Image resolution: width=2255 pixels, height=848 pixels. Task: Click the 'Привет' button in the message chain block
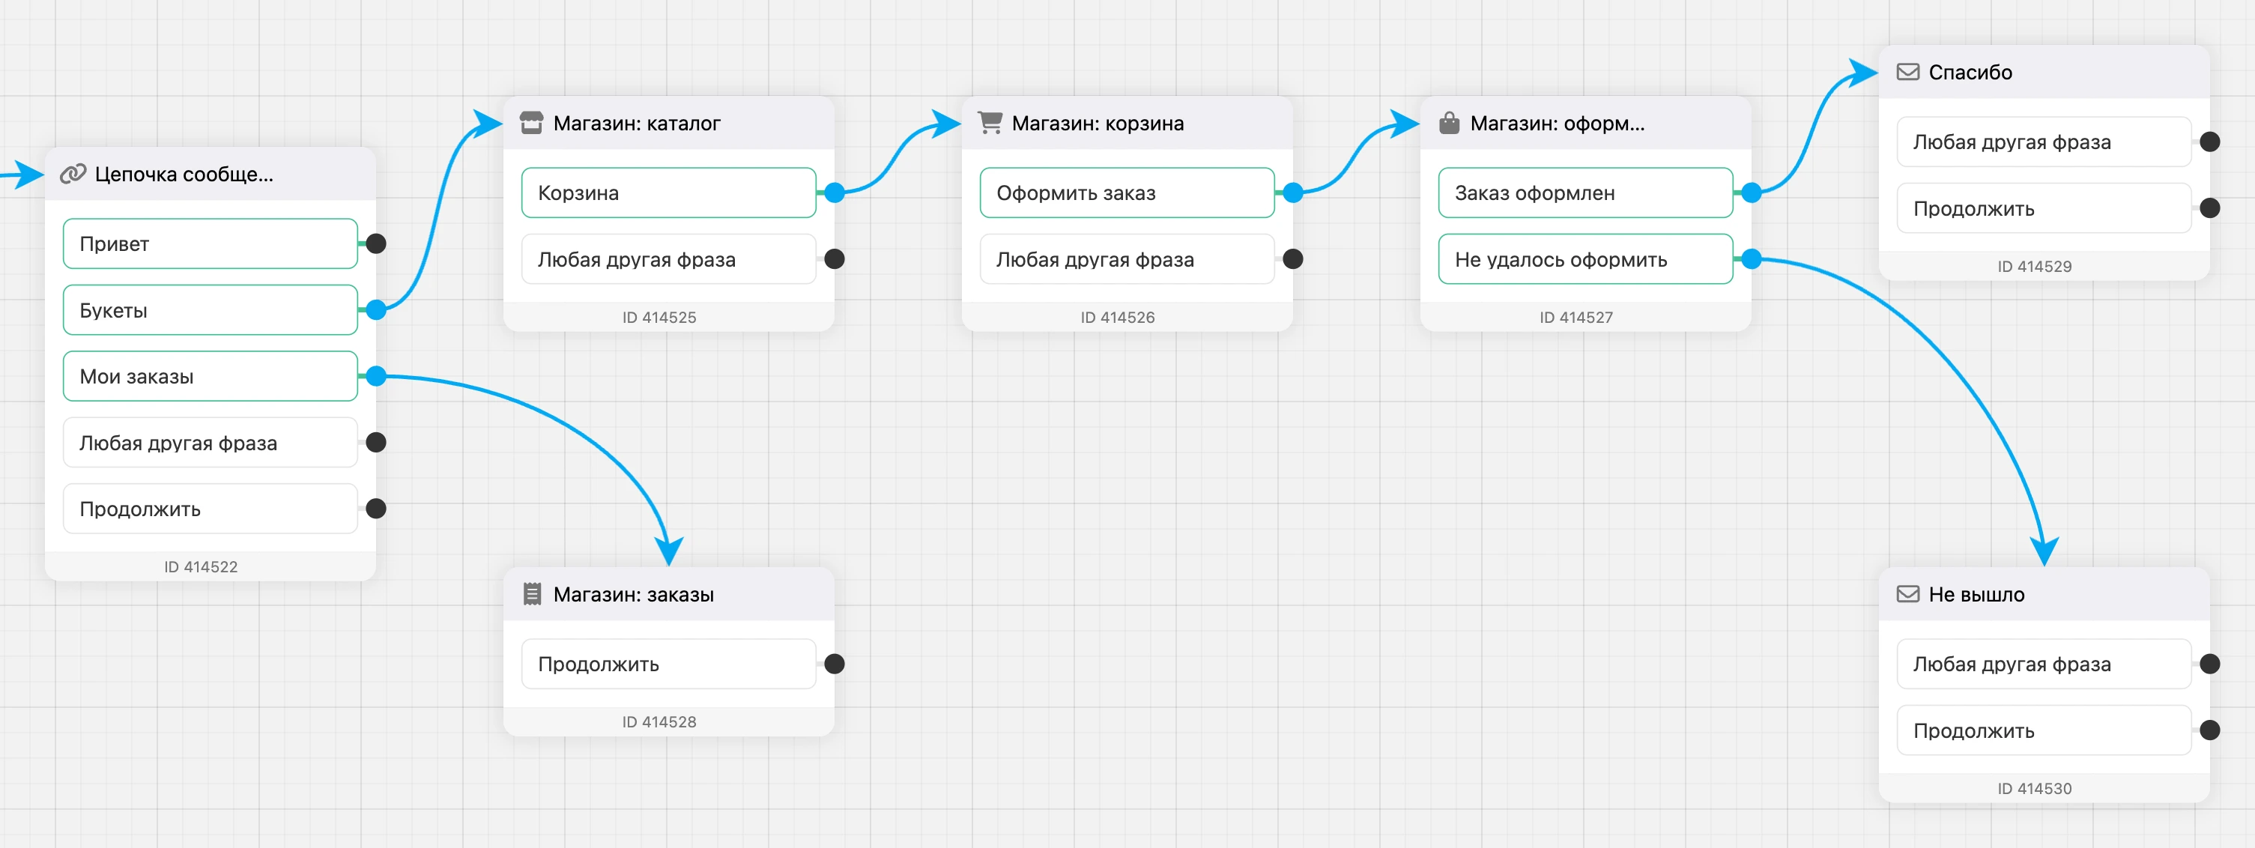coord(210,243)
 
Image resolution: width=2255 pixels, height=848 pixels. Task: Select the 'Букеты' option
coord(210,310)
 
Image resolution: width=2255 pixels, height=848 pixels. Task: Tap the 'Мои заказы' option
coord(210,376)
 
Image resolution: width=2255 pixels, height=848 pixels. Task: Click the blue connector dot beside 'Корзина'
coord(835,193)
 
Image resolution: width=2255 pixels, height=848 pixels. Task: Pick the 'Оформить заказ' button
coord(1127,193)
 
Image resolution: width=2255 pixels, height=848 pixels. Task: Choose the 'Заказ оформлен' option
coord(1585,193)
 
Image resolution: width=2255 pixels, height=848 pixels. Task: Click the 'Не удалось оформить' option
coord(1585,259)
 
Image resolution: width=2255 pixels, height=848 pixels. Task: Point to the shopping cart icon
coord(990,123)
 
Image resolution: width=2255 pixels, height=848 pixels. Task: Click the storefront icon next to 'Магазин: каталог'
coord(531,123)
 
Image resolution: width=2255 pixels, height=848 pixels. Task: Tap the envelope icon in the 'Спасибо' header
coord(1908,72)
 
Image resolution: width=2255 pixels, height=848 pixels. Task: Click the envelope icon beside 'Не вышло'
coord(1908,594)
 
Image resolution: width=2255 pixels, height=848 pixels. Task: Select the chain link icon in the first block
coord(73,173)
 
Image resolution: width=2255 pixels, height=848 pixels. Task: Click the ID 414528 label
coord(659,722)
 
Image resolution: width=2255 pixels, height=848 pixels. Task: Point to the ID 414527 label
coord(1576,317)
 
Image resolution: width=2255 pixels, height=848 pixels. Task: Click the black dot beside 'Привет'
coord(376,243)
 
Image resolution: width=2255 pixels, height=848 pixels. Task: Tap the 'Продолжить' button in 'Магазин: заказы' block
coord(669,664)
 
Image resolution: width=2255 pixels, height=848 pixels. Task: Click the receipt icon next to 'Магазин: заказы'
coord(531,594)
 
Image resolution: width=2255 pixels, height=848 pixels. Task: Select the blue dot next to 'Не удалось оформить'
coord(1752,259)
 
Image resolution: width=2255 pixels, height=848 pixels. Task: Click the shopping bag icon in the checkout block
coord(1450,123)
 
